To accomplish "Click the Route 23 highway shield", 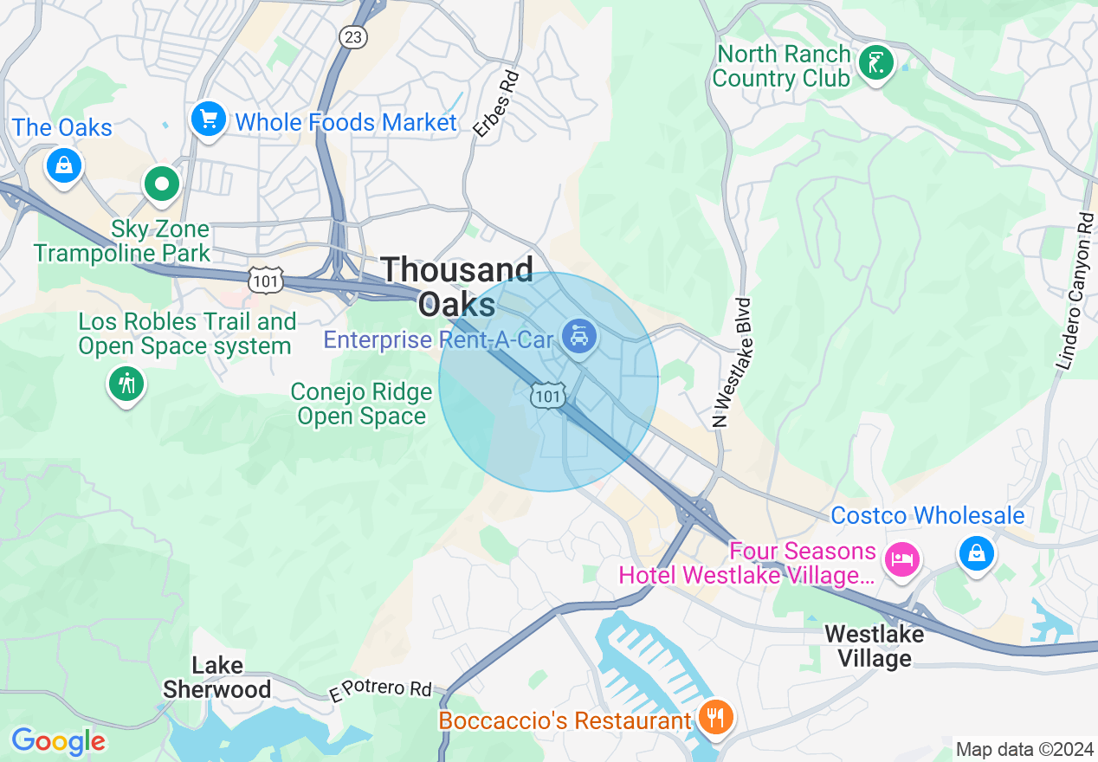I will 353,36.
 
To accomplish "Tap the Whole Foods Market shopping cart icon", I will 209,119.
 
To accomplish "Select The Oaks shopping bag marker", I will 64,164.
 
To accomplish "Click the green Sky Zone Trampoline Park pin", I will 161,184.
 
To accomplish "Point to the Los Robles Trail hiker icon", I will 127,384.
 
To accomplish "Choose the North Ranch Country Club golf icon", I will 875,63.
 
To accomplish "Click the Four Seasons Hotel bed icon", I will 901,559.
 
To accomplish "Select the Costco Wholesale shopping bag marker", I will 977,552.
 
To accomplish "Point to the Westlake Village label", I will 874,646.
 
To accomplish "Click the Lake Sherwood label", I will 217,677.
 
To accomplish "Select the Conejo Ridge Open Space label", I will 361,404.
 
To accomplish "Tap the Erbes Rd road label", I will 496,104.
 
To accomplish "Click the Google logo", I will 58,741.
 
